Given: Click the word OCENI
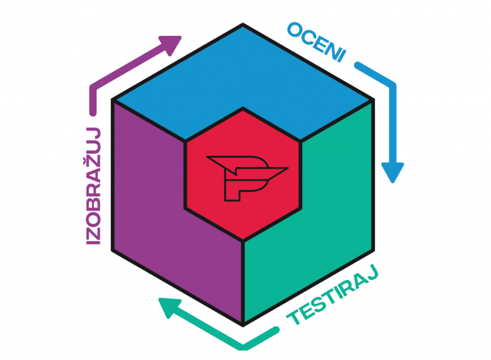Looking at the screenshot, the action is (317, 42).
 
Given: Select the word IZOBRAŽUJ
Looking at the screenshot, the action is (94, 186).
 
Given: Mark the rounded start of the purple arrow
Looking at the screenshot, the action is (93, 113).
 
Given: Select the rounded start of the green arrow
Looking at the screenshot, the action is (276, 330).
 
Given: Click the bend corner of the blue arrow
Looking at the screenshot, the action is (393, 86).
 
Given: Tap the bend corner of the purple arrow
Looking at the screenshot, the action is (93, 88).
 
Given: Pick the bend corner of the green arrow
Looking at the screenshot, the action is (243, 348).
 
